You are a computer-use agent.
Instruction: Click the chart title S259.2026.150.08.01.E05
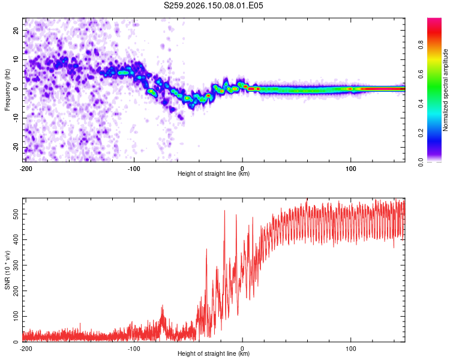213,5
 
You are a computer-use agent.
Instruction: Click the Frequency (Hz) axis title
7,90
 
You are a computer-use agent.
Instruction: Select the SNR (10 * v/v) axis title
7,270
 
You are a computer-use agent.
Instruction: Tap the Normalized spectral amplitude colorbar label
445,90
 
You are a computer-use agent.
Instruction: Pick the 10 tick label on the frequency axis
16,59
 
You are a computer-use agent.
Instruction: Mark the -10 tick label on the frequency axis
16,118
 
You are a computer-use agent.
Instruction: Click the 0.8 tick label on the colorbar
421,45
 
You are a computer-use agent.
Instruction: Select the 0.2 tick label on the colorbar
421,133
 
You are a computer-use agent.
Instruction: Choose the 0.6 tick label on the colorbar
421,74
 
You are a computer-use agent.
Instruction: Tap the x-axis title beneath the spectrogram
214,173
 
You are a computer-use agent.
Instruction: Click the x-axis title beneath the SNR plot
214,353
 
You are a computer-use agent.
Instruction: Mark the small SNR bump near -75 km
163,315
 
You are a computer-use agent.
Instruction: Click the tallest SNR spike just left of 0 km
224,211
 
